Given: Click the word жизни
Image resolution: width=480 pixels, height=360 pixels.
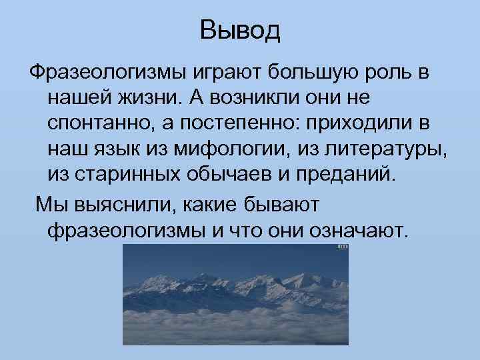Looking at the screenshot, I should [146, 97].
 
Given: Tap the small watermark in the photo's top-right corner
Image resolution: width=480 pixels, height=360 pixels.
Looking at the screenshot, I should [343, 247].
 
